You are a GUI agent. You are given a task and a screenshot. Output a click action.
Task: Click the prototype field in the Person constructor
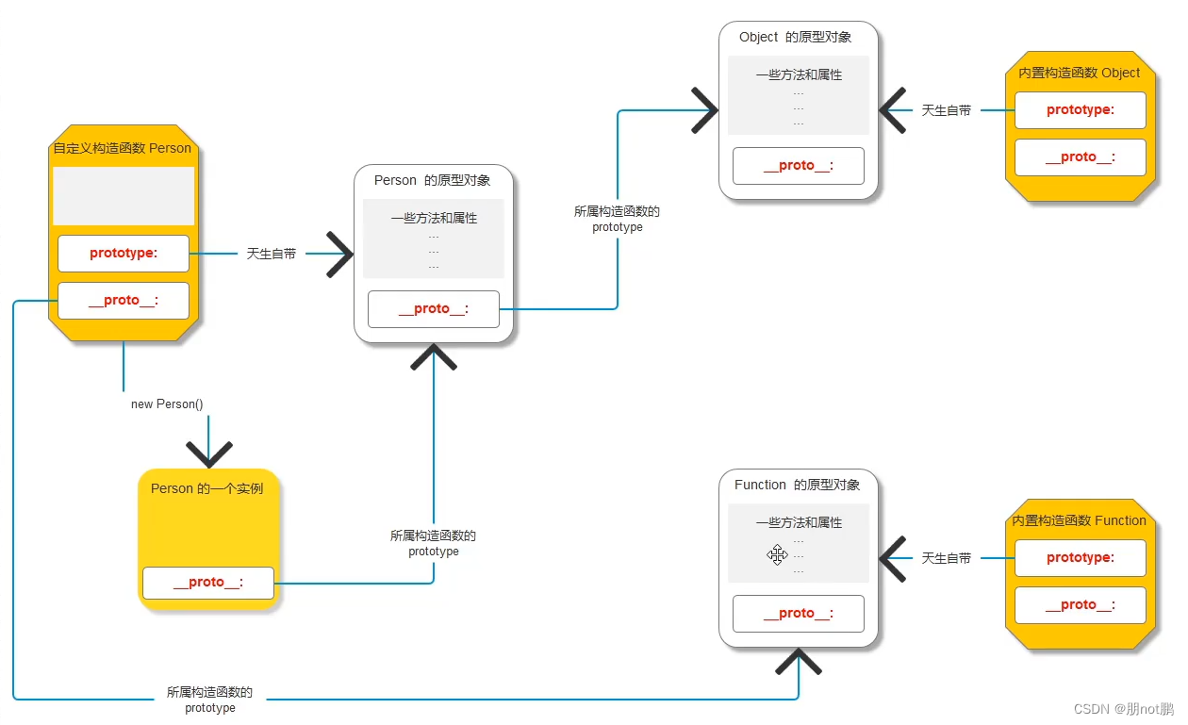click(x=123, y=253)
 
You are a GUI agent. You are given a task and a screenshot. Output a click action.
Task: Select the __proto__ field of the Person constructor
click(x=123, y=300)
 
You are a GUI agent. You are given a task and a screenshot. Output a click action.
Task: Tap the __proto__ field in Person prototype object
click(x=434, y=308)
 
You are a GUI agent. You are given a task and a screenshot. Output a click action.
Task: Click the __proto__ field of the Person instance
click(x=208, y=583)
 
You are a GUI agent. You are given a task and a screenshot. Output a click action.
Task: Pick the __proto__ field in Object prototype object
click(x=799, y=166)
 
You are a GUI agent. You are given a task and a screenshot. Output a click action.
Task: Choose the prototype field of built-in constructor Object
click(x=1081, y=109)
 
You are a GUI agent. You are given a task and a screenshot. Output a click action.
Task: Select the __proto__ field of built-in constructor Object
click(x=1081, y=157)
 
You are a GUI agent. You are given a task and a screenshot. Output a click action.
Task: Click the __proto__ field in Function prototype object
click(x=799, y=613)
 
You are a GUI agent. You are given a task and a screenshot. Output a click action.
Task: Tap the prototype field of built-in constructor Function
click(x=1081, y=557)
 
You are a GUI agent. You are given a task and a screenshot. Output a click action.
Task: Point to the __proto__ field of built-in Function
click(x=1081, y=604)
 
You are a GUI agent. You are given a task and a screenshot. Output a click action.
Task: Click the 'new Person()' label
click(x=167, y=404)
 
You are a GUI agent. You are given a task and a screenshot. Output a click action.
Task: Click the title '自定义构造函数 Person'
click(x=122, y=148)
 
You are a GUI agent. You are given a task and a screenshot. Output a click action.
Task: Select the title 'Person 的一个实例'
click(x=206, y=488)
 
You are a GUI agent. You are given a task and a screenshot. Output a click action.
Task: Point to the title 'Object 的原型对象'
click(x=795, y=37)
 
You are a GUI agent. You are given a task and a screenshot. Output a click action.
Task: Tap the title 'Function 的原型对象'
click(x=797, y=485)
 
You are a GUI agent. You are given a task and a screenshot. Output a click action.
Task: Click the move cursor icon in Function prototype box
click(x=777, y=554)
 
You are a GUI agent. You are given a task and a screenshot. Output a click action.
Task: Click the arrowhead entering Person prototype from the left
click(x=339, y=254)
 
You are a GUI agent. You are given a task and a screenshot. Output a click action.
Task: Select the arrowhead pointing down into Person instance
click(x=209, y=454)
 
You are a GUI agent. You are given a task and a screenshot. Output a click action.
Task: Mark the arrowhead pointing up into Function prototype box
click(x=799, y=661)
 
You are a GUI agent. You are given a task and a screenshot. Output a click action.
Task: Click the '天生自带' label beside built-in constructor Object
click(x=947, y=110)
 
